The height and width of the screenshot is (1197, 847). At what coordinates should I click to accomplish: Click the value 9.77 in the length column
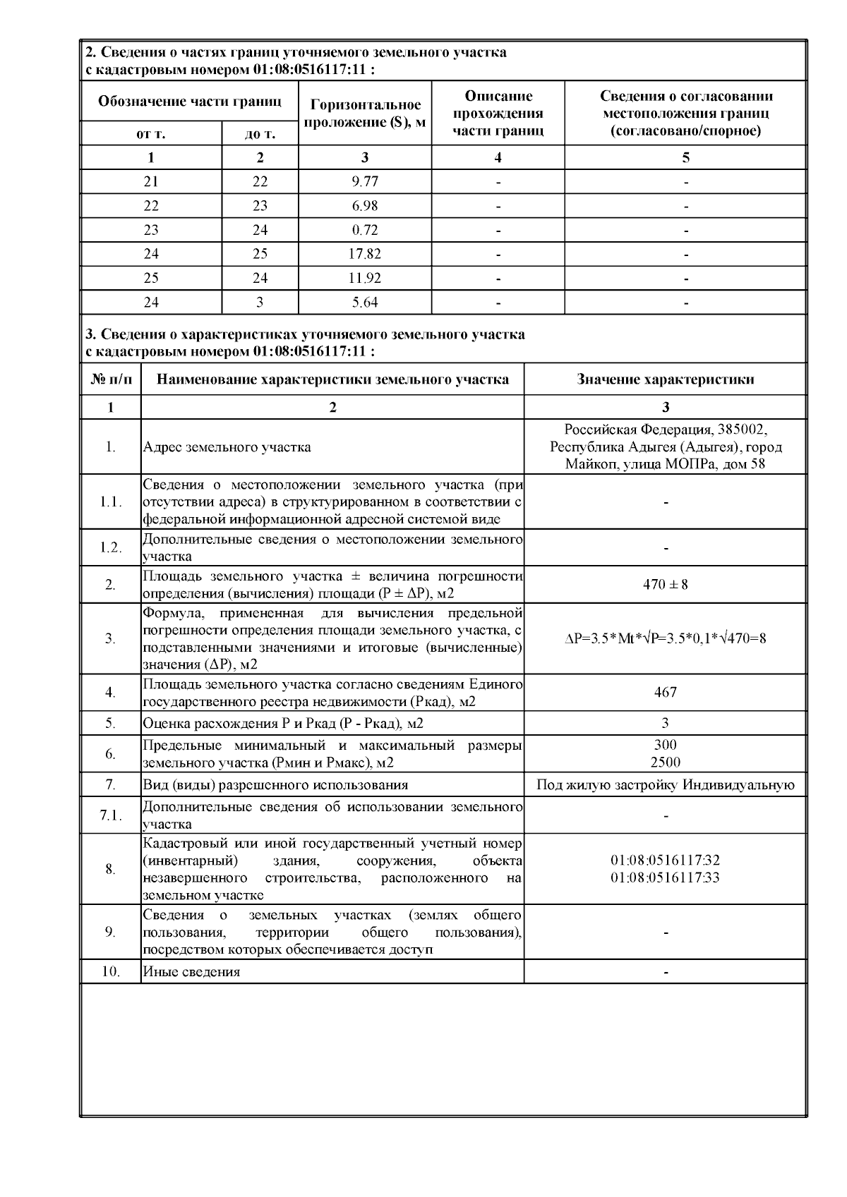pos(365,181)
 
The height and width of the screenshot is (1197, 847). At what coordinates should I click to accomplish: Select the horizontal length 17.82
pos(365,254)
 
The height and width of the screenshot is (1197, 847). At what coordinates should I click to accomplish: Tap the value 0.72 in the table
pos(365,230)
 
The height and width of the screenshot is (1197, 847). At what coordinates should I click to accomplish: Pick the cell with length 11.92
pos(365,278)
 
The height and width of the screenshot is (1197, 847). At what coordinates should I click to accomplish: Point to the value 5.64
pos(365,303)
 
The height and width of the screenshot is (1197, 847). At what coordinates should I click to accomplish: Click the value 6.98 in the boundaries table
pos(365,206)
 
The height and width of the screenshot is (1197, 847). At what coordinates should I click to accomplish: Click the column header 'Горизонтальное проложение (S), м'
pos(365,113)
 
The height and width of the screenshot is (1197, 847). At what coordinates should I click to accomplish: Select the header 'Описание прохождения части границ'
pos(498,113)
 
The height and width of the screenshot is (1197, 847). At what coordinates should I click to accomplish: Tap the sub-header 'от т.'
pos(151,134)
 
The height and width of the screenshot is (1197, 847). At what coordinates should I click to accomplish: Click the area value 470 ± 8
pos(665,585)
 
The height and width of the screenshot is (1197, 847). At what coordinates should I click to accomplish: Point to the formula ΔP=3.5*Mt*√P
pos(665,638)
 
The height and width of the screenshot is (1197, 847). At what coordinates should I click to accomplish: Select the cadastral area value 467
pos(665,692)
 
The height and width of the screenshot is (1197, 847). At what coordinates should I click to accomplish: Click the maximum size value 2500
pos(665,762)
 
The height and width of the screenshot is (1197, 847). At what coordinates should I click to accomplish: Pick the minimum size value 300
pos(665,745)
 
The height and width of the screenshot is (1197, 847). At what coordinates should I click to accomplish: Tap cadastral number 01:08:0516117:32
pos(665,861)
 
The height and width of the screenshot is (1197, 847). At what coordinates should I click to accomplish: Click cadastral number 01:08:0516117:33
pos(665,877)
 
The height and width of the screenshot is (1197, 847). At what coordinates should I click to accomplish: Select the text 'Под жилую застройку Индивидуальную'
pos(665,785)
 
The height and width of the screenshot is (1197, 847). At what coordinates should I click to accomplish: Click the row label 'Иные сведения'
pos(191,972)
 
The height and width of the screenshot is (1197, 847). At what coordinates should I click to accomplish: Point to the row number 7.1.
pos(110,815)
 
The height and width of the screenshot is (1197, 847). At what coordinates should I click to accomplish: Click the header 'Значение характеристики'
pos(665,379)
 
